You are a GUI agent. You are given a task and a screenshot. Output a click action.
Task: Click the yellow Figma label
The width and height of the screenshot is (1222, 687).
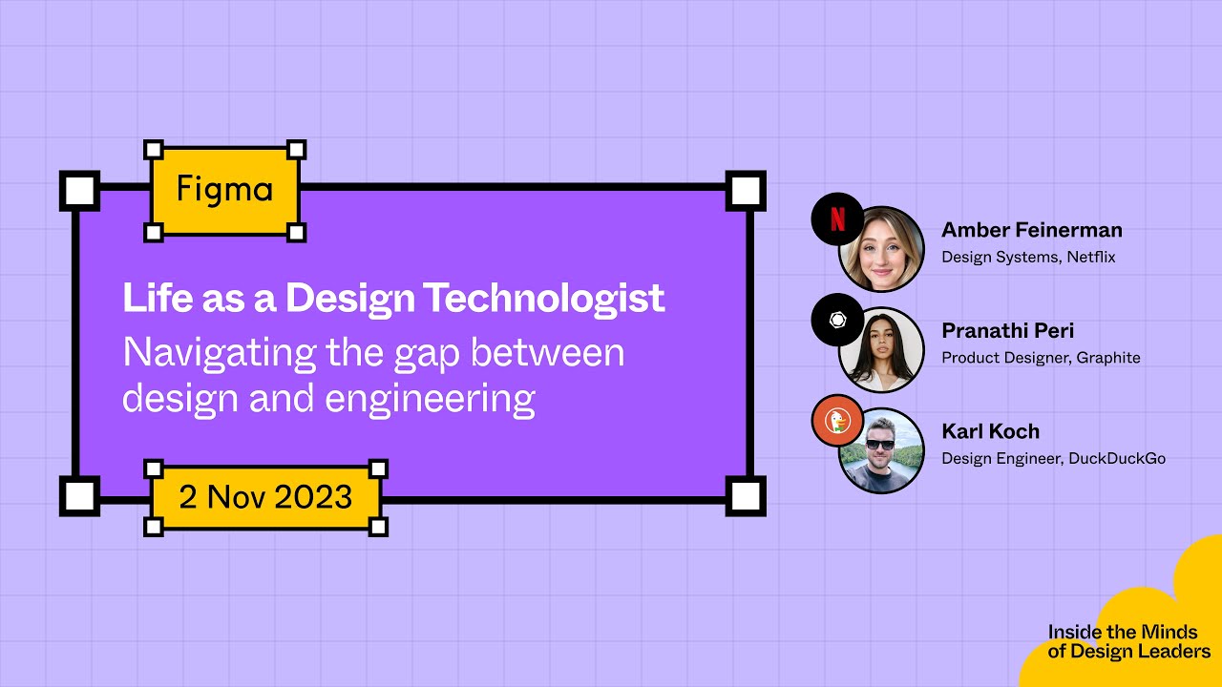[224, 190]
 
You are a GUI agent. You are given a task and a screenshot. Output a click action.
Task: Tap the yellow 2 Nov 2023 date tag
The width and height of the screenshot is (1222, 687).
[265, 497]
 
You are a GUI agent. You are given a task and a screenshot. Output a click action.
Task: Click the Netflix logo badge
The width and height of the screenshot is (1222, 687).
[836, 219]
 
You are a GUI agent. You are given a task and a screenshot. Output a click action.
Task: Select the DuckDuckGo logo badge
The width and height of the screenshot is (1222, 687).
[836, 421]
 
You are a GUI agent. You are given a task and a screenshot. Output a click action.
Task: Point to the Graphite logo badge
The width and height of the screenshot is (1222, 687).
[836, 320]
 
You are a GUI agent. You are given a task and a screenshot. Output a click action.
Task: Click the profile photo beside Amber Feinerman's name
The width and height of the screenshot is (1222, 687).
[882, 250]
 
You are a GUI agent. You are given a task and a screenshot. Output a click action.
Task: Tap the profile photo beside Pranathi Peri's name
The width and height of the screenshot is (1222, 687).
[882, 350]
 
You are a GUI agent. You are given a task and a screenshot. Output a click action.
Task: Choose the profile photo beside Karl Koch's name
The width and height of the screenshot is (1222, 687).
[882, 451]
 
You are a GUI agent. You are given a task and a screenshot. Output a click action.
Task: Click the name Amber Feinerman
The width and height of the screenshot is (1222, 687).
[1031, 230]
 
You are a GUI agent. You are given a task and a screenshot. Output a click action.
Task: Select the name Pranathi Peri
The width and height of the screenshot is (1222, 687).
[1007, 331]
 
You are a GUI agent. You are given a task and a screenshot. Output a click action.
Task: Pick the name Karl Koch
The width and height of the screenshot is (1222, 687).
[990, 431]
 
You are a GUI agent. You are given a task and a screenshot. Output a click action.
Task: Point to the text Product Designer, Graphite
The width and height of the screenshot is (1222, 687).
[1041, 358]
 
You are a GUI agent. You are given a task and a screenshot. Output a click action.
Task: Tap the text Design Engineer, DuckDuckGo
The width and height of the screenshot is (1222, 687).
[1053, 458]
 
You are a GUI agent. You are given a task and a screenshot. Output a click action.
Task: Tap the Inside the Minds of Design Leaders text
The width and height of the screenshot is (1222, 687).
[1128, 641]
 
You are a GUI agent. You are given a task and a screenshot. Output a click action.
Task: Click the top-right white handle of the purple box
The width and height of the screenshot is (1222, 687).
[745, 191]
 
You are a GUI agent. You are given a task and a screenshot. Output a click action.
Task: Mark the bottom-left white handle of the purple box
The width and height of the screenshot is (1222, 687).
[80, 496]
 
